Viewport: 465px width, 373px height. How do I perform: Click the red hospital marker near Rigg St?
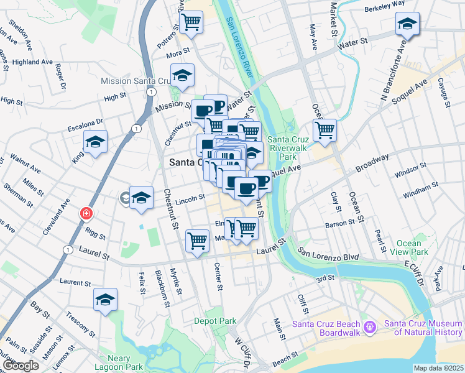pyautogui.click(x=86, y=213)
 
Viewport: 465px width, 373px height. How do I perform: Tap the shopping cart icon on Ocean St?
pyautogui.click(x=325, y=131)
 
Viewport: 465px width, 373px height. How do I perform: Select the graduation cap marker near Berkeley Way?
pyautogui.click(x=407, y=25)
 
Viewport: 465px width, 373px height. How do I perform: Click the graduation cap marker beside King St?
pyautogui.click(x=95, y=142)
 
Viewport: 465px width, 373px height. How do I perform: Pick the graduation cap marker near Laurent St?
pyautogui.click(x=105, y=300)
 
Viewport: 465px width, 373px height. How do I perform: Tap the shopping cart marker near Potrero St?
pyautogui.click(x=191, y=22)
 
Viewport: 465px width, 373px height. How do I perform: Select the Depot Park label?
pyautogui.click(x=215, y=321)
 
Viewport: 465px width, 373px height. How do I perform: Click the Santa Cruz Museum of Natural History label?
pyautogui.click(x=424, y=328)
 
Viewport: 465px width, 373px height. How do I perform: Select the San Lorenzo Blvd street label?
pyautogui.click(x=327, y=253)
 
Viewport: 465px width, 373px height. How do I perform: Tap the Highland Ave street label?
pyautogui.click(x=32, y=62)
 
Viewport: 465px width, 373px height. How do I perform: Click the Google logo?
pyautogui.click(x=21, y=366)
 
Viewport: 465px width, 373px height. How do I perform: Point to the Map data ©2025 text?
pyautogui.click(x=438, y=368)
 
